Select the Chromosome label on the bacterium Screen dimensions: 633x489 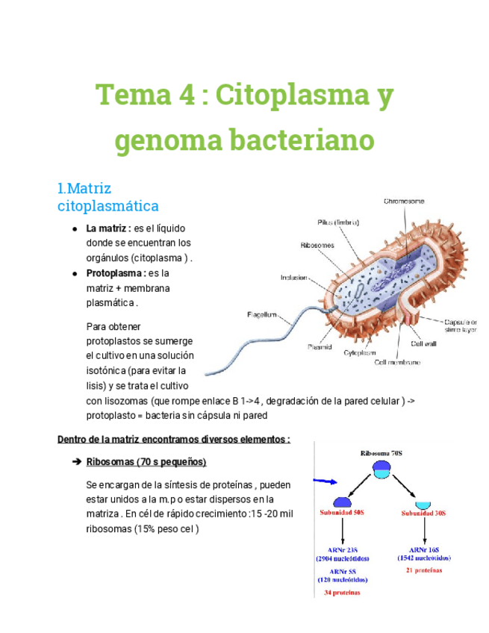pyautogui.click(x=404, y=201)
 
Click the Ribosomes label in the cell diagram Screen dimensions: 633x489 pyautogui.click(x=317, y=245)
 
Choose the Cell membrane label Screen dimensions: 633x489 pyautogui.click(x=397, y=362)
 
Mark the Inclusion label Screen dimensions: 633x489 pyautogui.click(x=293, y=278)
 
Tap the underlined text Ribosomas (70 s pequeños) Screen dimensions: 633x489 pyautogui.click(x=146, y=461)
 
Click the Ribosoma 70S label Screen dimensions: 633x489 pyautogui.click(x=381, y=452)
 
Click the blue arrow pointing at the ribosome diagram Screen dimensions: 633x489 pyautogui.click(x=323, y=481)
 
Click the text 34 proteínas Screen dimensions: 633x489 pyautogui.click(x=341, y=593)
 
